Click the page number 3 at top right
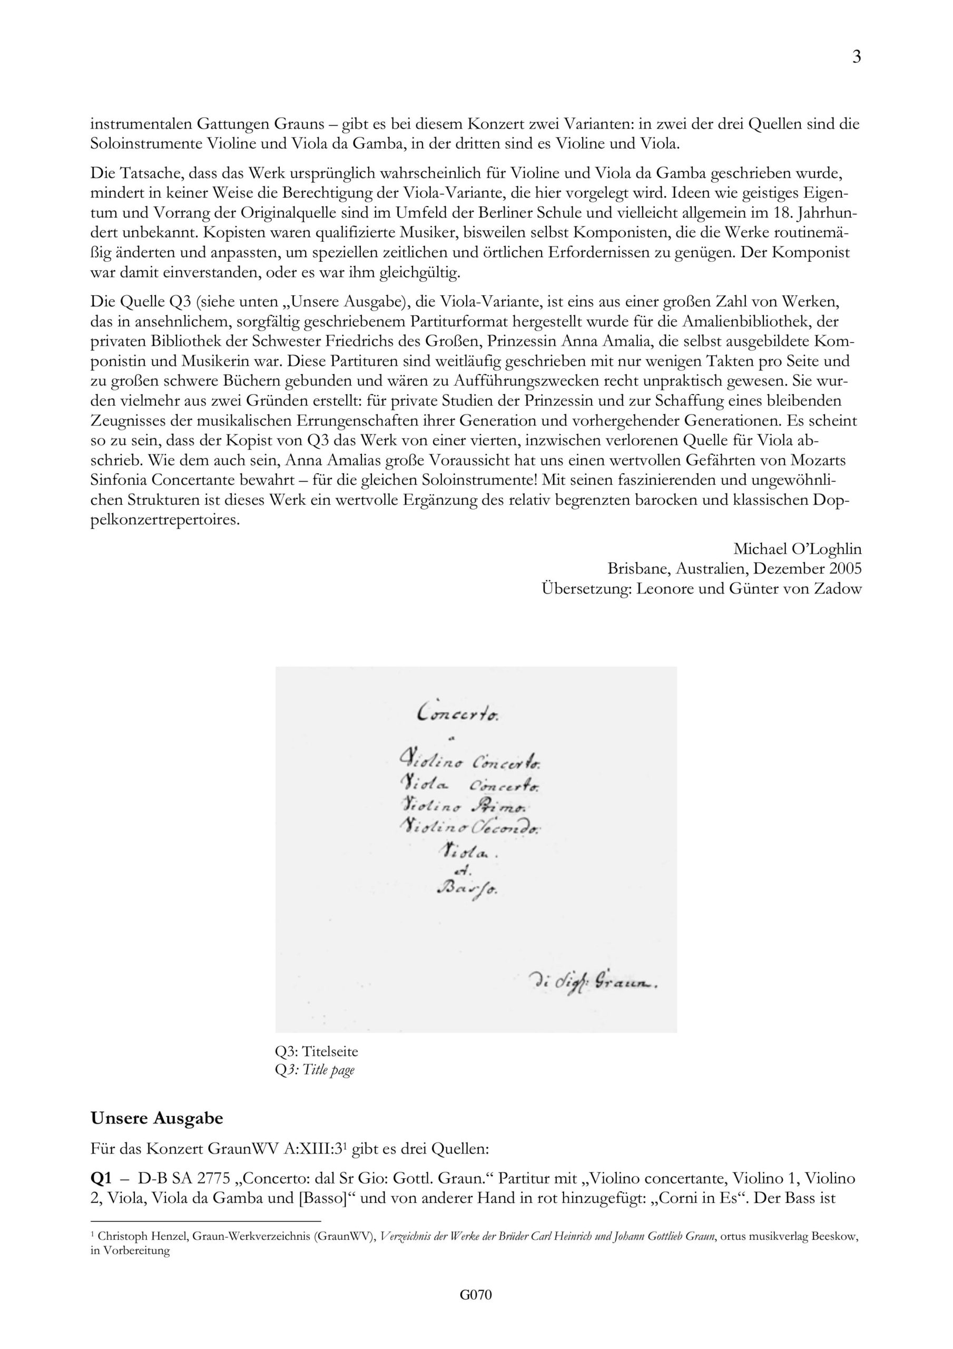click(856, 57)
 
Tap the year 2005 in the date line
click(846, 568)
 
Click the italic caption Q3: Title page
click(315, 1069)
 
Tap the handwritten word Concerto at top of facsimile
click(458, 714)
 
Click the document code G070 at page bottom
click(476, 1311)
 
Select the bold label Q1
click(101, 1178)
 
